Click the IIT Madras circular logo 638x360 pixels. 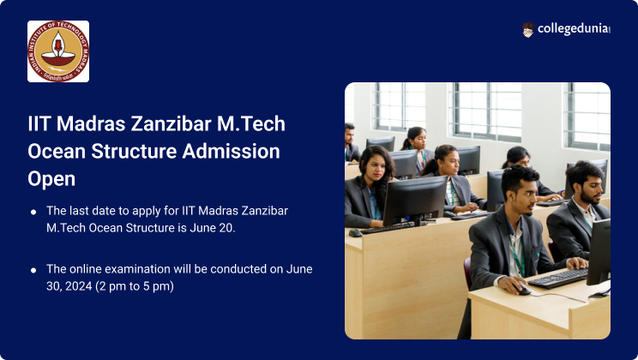pyautogui.click(x=58, y=51)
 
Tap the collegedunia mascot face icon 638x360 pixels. pyautogui.click(x=527, y=30)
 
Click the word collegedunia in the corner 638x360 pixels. pyautogui.click(x=574, y=29)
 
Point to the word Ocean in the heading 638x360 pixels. pyautogui.click(x=56, y=152)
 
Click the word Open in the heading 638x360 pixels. pyautogui.click(x=51, y=179)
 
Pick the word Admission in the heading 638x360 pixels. pyautogui.click(x=232, y=152)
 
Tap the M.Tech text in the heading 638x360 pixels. pyautogui.click(x=251, y=123)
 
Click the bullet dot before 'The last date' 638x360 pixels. pyautogui.click(x=33, y=212)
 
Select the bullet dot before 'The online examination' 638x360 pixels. pyautogui.click(x=33, y=270)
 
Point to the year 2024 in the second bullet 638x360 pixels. pyautogui.click(x=79, y=286)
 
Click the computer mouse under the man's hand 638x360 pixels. pyautogui.click(x=522, y=289)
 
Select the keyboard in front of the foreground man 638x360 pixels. pyautogui.click(x=558, y=279)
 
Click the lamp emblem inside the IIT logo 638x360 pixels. pyautogui.click(x=58, y=49)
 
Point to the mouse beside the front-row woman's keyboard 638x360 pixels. pyautogui.click(x=355, y=232)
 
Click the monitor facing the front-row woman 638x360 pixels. pyautogui.click(x=415, y=201)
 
